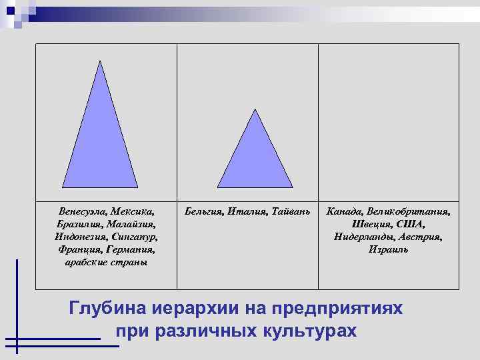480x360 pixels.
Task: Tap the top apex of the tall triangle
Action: (x=99, y=62)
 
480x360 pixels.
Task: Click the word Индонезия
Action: (x=79, y=237)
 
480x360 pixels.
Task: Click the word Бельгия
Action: (x=203, y=211)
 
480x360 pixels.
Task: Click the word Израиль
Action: (x=388, y=249)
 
